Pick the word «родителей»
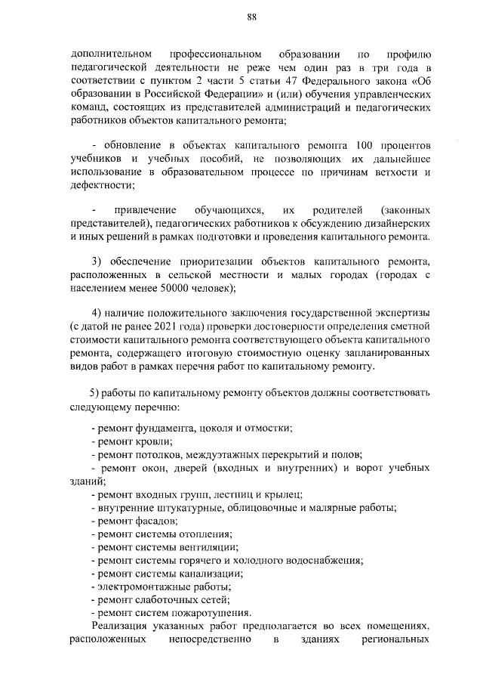click(x=333, y=210)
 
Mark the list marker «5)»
click(x=94, y=393)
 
